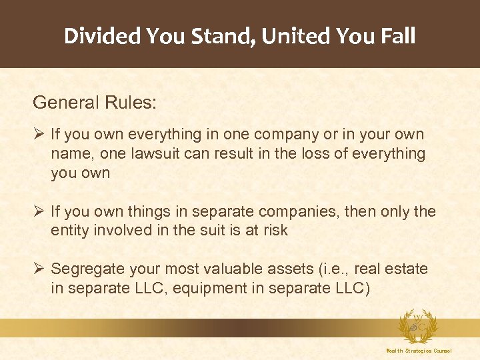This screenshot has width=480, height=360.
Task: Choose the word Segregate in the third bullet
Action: (89, 269)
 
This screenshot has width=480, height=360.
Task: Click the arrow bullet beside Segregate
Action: (39, 269)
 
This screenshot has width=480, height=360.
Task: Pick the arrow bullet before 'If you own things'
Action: (39, 212)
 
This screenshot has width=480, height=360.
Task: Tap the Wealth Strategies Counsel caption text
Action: (419, 351)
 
